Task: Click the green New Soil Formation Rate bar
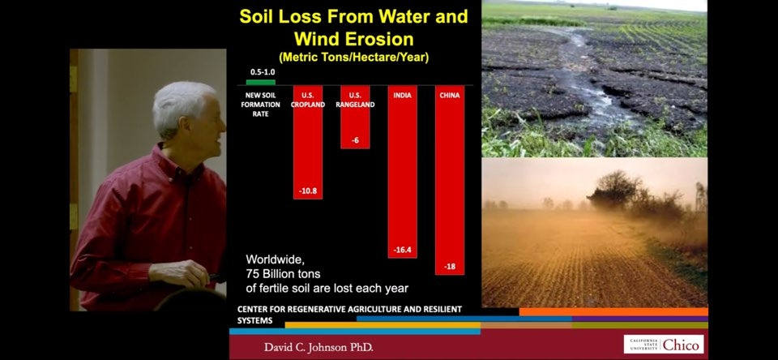point(260,82)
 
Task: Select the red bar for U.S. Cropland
point(308,142)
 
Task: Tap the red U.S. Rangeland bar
point(355,117)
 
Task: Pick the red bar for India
point(403,171)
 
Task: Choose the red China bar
point(450,180)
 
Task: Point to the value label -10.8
point(308,191)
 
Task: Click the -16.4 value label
point(403,250)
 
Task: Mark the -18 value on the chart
point(450,267)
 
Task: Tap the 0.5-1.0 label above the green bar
point(260,72)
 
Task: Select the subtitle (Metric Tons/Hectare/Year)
point(354,58)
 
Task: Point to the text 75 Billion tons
point(284,273)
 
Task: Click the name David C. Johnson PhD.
point(318,347)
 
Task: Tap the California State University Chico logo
point(664,344)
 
